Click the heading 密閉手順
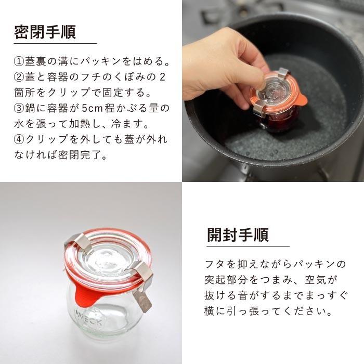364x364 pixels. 45,32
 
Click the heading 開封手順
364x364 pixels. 238,235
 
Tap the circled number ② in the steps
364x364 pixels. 19,78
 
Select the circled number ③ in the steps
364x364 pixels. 19,109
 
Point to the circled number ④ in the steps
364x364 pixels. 19,140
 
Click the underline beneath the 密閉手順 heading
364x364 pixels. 55,44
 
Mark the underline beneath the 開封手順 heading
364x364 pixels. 248,246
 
